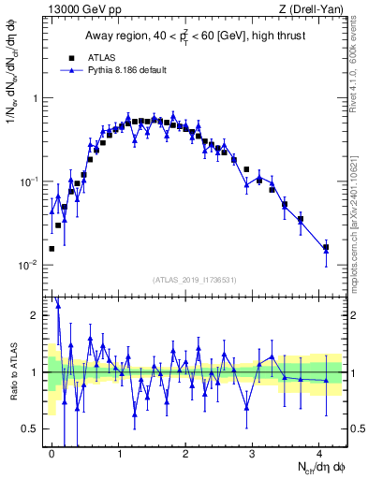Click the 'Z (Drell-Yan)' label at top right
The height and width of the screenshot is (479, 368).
(315, 10)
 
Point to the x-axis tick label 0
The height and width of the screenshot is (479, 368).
(52, 452)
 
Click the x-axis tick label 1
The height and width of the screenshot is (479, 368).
(119, 452)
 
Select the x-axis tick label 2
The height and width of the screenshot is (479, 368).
(185, 452)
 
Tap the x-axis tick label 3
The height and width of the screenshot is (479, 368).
(253, 452)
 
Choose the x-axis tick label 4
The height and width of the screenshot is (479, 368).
(319, 452)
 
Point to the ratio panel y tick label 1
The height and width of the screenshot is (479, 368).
(37, 372)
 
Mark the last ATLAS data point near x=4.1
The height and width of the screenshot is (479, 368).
(326, 247)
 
